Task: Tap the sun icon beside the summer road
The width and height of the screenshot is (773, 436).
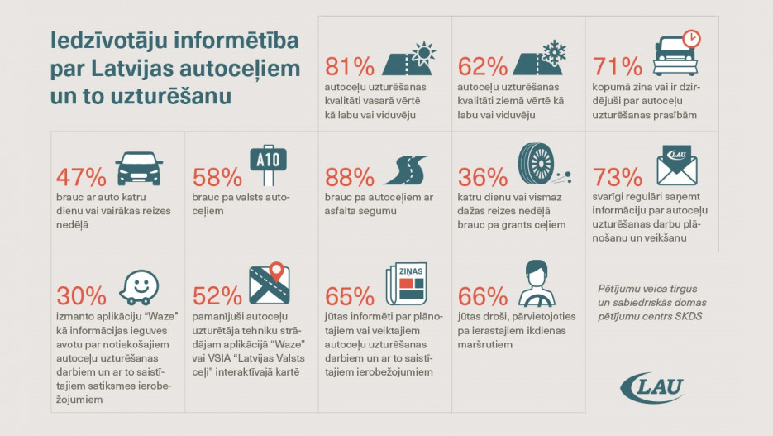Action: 425,53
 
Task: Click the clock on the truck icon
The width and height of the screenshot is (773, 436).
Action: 692,39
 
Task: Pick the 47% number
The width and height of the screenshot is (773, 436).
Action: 81,177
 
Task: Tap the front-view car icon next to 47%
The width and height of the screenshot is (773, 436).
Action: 136,168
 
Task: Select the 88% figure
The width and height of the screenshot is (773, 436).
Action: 351,177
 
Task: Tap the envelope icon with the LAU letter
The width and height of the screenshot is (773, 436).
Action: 677,166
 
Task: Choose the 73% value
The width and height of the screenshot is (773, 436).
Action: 618,177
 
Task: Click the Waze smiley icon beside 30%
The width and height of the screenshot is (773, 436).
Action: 138,286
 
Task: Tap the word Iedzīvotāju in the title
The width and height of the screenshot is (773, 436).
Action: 104,40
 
